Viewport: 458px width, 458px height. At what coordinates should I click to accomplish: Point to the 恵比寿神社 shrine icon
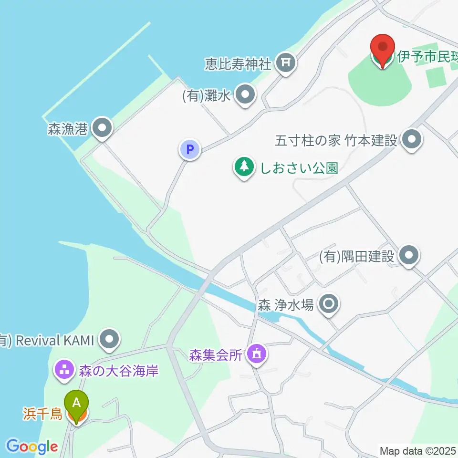(286, 62)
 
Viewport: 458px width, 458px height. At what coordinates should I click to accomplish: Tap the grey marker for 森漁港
(101, 128)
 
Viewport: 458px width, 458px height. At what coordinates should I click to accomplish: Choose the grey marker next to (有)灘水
(246, 95)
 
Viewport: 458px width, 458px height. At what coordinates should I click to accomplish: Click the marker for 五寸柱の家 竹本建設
(411, 140)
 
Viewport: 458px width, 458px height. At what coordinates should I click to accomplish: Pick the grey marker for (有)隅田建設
(408, 256)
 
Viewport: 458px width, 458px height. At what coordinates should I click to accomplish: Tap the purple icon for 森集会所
(257, 354)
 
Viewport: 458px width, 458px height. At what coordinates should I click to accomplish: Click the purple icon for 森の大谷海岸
(63, 370)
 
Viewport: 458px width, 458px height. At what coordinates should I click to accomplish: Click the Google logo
(32, 447)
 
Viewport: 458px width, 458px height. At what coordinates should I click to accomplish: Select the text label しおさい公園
(299, 168)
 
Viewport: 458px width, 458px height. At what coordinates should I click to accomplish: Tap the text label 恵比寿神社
(238, 62)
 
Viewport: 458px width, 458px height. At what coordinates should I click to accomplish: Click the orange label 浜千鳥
(43, 414)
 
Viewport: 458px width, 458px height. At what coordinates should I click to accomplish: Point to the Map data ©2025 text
(417, 450)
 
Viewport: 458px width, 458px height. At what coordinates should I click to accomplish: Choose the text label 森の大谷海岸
(118, 370)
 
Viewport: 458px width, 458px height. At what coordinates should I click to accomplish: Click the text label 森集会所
(216, 355)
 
